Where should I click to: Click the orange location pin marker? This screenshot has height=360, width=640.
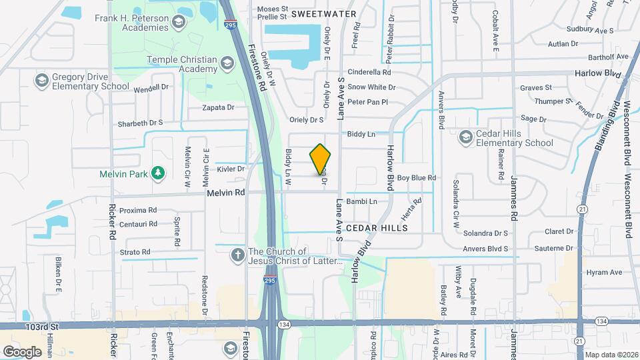point(321,159)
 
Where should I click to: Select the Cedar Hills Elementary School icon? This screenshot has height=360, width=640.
point(466,138)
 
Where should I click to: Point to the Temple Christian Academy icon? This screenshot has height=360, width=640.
point(227,64)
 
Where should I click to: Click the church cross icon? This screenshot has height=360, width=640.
point(237,255)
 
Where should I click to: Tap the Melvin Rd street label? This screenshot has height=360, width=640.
point(226,192)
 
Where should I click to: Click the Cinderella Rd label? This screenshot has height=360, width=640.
point(369,72)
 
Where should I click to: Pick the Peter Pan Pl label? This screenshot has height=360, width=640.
point(367,102)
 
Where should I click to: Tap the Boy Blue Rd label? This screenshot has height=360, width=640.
point(416,178)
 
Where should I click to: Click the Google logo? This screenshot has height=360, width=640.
point(22,351)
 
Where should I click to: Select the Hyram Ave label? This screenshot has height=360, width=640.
point(603,272)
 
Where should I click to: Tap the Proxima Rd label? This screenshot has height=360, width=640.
point(138,209)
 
